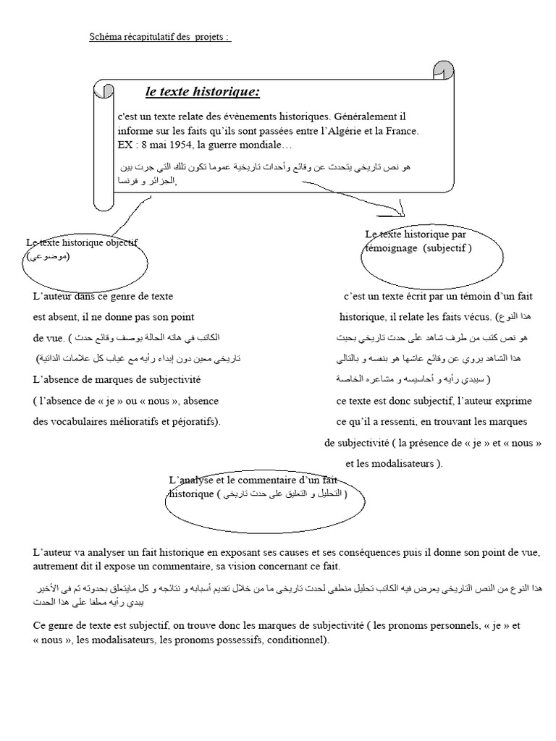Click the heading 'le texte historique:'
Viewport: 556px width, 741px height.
coord(202,92)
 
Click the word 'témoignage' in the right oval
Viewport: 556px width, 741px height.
coord(391,247)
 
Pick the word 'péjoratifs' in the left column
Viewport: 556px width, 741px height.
coord(195,421)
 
